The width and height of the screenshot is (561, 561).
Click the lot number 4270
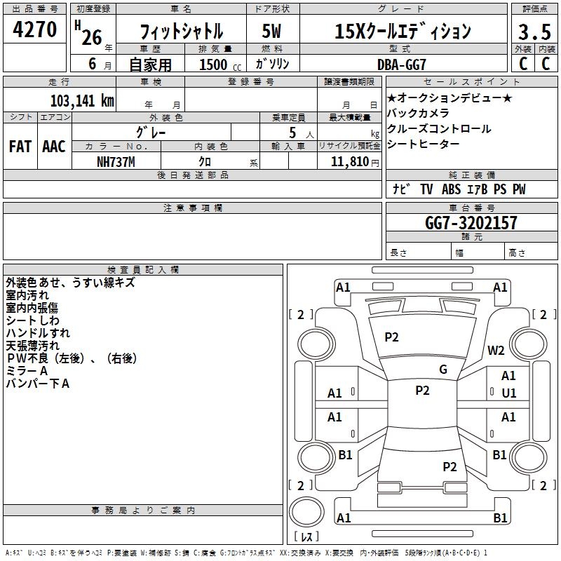pyautogui.click(x=35, y=30)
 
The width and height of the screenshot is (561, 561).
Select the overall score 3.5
pyautogui.click(x=533, y=32)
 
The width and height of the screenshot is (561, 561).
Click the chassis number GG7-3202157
pyautogui.click(x=471, y=223)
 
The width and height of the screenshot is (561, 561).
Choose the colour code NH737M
pyautogui.click(x=116, y=161)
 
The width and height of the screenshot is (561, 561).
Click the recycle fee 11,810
pyautogui.click(x=345, y=161)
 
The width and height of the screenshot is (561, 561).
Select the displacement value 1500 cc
pyautogui.click(x=213, y=64)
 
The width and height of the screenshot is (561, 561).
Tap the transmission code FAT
pyautogui.click(x=20, y=146)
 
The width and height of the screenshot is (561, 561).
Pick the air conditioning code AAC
pyautogui.click(x=54, y=146)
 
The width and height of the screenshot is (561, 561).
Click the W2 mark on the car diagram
pyautogui.click(x=496, y=351)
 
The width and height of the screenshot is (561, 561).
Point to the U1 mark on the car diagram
pyautogui.click(x=508, y=393)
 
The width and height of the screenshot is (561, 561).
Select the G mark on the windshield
pyautogui.click(x=443, y=370)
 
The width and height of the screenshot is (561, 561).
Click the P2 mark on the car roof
pyautogui.click(x=422, y=391)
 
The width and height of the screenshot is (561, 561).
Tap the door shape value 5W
pyautogui.click(x=271, y=32)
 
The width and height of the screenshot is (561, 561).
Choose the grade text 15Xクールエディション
pyautogui.click(x=403, y=32)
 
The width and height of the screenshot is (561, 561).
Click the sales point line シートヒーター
pyautogui.click(x=423, y=144)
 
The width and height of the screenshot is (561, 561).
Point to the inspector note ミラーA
pyautogui.click(x=27, y=371)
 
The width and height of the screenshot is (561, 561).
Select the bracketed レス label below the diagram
pyautogui.click(x=306, y=537)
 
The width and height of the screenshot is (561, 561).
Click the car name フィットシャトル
pyautogui.click(x=182, y=32)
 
